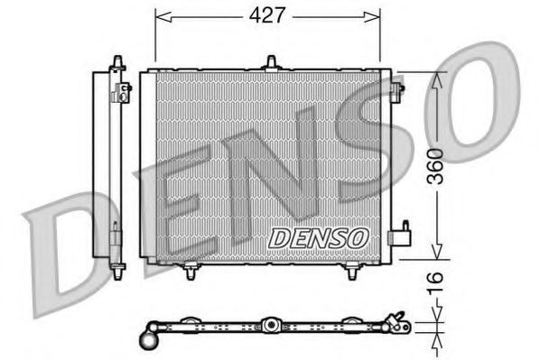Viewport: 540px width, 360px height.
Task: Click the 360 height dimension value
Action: pos(435,167)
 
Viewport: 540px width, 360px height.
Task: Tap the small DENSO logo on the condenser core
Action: pos(319,237)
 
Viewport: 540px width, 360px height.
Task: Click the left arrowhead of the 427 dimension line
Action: pos(161,15)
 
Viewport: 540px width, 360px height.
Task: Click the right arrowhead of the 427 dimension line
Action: pos(375,15)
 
